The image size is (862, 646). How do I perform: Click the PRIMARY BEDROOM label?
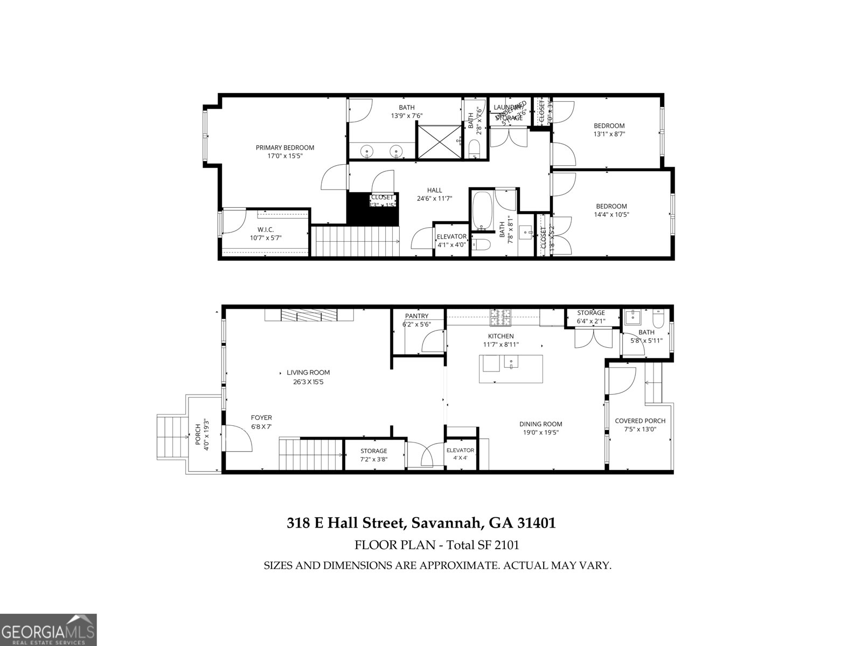coord(284,148)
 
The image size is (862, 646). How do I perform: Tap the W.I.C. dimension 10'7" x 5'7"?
coord(266,237)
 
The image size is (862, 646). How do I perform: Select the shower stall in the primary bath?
coord(439,141)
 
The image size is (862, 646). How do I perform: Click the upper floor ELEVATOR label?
coord(451,236)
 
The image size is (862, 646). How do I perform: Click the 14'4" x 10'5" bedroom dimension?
coord(611,214)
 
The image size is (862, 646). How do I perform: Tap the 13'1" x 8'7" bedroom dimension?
coord(609,134)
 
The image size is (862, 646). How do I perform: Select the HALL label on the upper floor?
coord(434,190)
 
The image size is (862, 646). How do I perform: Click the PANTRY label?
coord(416,316)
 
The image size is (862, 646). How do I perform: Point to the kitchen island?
coord(511,369)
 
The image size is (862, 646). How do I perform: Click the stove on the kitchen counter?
coord(502,318)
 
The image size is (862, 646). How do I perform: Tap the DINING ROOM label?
coord(540,424)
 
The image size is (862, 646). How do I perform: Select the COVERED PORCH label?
coord(640,421)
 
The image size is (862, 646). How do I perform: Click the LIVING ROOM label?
coord(308,372)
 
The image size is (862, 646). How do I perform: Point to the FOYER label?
coord(261,417)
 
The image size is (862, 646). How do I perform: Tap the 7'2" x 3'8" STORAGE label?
coord(373,451)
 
